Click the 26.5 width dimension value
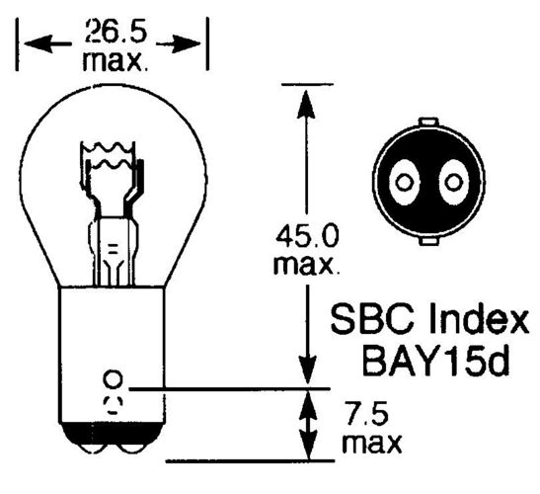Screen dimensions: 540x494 tap(116, 32)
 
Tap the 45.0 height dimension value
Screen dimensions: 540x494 tap(307, 236)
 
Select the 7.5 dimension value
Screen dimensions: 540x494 tap(366, 413)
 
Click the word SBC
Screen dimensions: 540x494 tap(372, 320)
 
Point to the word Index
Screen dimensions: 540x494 tap(479, 319)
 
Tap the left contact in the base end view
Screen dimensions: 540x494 tap(404, 182)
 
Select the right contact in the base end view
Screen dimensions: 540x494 tap(453, 182)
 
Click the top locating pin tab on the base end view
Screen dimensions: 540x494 tap(428, 122)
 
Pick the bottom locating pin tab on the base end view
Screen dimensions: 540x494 tap(429, 241)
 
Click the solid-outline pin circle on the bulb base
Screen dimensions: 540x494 tap(113, 378)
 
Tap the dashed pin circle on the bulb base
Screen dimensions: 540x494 tap(113, 405)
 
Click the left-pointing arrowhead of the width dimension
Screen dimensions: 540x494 tap(38, 43)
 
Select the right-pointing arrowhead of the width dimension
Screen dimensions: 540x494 tap(186, 43)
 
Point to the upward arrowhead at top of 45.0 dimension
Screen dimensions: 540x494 tap(306, 104)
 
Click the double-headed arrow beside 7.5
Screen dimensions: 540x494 tap(308, 425)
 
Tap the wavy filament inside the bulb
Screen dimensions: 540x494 tap(108, 155)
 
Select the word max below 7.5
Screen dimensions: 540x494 tap(372, 443)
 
